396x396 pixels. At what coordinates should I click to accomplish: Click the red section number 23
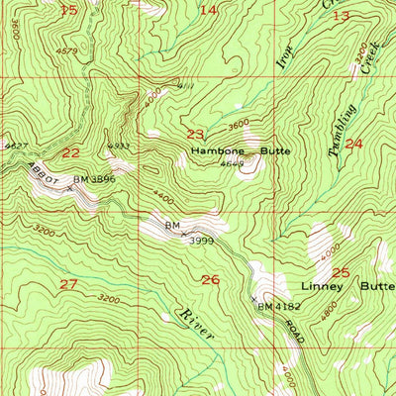click(x=195, y=135)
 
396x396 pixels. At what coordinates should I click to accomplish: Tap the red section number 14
click(x=209, y=10)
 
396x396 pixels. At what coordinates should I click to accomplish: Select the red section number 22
click(x=70, y=152)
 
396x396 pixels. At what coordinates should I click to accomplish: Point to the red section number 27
click(x=67, y=285)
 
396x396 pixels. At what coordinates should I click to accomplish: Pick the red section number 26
click(x=210, y=280)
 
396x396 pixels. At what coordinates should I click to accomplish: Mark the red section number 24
click(x=353, y=144)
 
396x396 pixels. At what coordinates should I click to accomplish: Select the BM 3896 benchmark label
click(x=95, y=180)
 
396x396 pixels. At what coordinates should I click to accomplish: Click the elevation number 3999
click(x=203, y=240)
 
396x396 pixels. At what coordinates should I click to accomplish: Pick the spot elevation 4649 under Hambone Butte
click(x=232, y=164)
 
